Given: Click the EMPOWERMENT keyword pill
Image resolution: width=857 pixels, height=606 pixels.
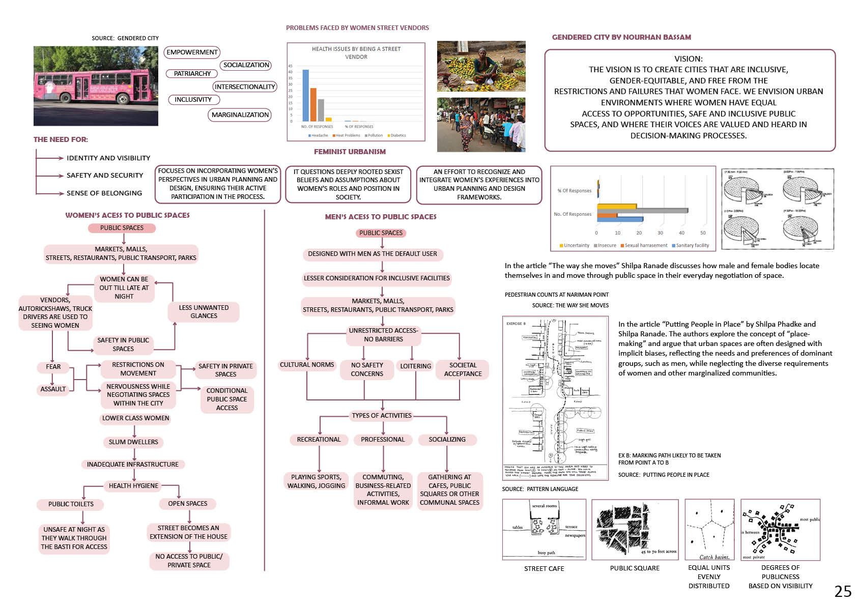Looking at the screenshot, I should (192, 52).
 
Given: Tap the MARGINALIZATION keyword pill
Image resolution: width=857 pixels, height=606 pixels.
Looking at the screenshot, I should (240, 115).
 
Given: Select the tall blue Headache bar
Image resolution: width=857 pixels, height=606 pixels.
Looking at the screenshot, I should (306, 95).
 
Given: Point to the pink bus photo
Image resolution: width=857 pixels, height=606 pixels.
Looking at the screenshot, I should (96, 86).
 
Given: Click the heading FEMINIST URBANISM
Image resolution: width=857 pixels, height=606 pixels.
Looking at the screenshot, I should (350, 152).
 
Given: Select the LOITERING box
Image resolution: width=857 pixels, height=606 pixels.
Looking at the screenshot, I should (415, 366).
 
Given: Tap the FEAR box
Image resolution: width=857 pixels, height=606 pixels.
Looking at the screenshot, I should (53, 367).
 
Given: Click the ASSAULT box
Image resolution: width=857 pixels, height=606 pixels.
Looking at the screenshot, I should (53, 389).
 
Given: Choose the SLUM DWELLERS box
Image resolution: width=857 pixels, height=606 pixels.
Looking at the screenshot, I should (133, 442).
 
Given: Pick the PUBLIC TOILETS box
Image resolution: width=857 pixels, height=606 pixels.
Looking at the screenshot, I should (71, 504).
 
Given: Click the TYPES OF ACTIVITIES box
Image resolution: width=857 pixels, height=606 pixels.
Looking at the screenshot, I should (382, 416).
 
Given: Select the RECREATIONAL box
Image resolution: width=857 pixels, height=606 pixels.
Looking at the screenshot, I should (319, 440).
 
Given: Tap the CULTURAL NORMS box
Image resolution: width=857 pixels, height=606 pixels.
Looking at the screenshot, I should (307, 365).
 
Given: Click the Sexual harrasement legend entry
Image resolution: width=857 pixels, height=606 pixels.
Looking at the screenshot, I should (643, 245).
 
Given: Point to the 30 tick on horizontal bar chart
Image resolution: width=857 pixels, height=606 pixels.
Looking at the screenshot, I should (660, 233).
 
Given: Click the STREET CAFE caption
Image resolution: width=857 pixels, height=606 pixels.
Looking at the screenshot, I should (544, 569).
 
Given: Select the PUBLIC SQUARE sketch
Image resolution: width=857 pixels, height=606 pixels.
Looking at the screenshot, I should (635, 530).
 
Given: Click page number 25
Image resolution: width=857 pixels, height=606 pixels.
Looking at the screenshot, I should (843, 591).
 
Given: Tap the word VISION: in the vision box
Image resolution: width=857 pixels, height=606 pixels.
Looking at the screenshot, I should (689, 59).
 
